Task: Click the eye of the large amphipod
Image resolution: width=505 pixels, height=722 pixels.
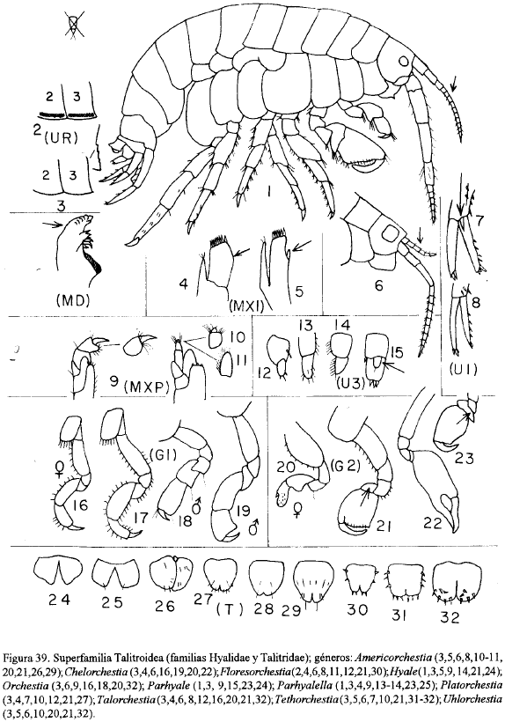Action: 403,61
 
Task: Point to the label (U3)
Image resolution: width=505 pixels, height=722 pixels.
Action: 348,383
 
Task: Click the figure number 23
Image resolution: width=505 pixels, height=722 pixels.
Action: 463,458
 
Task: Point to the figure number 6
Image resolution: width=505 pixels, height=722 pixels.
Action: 378,286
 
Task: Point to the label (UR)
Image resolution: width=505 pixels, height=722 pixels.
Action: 55,137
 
